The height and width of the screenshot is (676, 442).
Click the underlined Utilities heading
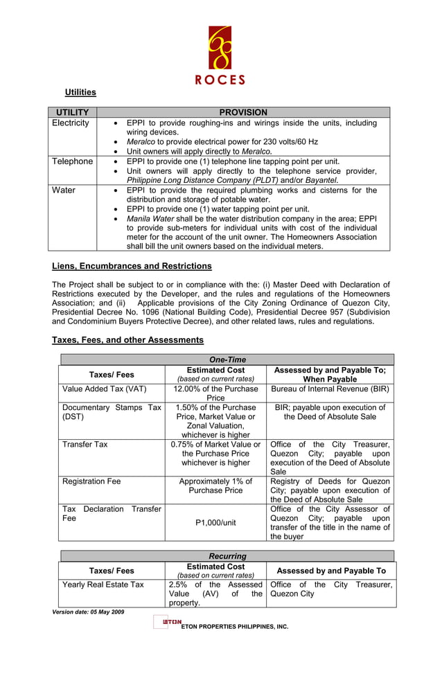(80, 92)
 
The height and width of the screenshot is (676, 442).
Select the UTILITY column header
(72, 112)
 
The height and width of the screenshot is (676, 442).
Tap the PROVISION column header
(242, 112)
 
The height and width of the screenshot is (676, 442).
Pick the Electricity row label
(71, 123)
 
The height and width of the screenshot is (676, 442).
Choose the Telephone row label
(72, 161)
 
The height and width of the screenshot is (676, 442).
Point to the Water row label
(62, 190)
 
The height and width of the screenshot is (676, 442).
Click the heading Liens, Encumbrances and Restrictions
(132, 266)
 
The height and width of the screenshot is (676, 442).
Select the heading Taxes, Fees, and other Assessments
(127, 340)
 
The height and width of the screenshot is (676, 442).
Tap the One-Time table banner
(227, 359)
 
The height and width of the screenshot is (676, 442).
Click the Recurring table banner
(227, 556)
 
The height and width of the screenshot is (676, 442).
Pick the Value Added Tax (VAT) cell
(104, 389)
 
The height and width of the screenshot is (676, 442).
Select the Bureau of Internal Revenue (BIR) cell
(330, 389)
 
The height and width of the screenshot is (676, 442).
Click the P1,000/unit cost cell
(215, 523)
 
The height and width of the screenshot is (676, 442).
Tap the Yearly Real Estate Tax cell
(103, 585)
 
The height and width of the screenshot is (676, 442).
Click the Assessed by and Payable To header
(330, 571)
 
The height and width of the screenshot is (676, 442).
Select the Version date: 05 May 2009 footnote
(88, 612)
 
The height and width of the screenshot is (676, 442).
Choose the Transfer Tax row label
(85, 445)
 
